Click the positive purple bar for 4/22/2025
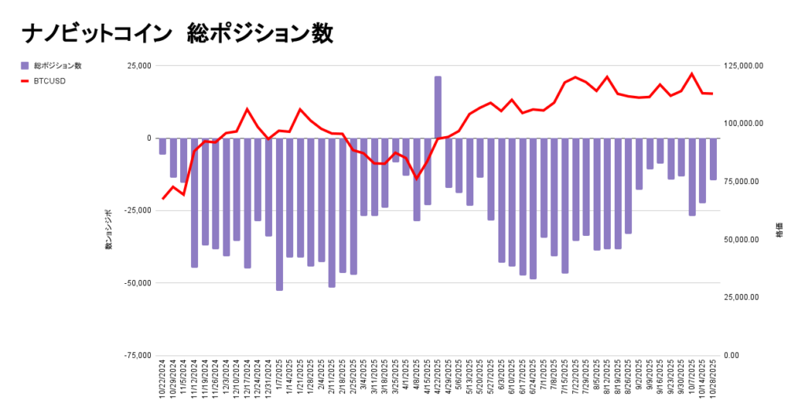[438, 107]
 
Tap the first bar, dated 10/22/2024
[163, 146]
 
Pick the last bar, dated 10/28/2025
[713, 159]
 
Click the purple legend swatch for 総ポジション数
[24, 65]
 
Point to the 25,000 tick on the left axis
[139, 66]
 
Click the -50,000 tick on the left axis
[138, 283]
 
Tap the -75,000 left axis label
[138, 356]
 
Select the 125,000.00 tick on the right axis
[743, 66]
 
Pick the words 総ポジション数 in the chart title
[259, 33]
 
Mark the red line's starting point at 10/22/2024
[163, 199]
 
